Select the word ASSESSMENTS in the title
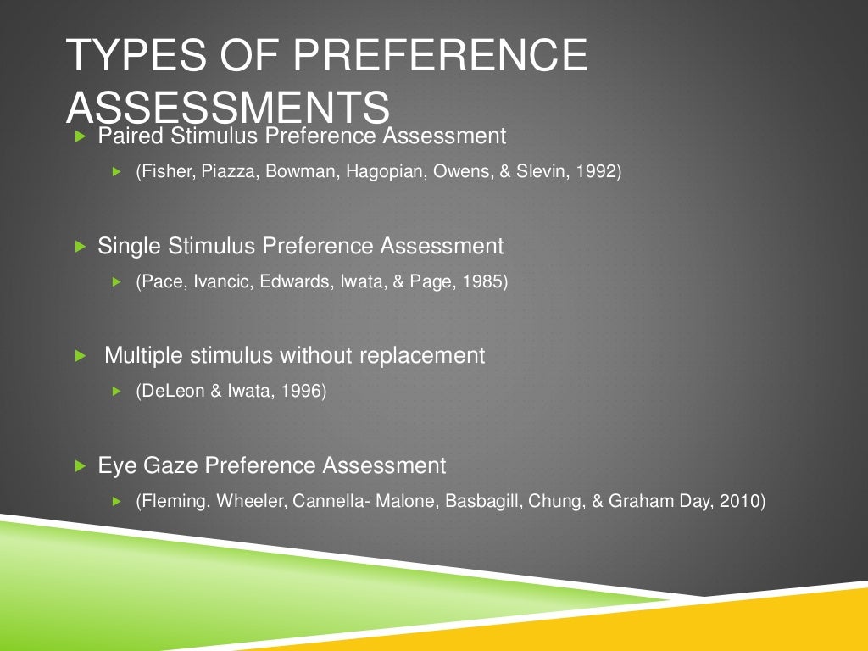coord(227,108)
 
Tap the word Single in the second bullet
coord(129,246)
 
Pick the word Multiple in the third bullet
coord(142,355)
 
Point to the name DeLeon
coord(170,392)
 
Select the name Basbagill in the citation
coord(480,502)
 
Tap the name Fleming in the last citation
coord(174,502)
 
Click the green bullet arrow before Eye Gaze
coord(81,465)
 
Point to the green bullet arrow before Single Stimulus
coord(81,247)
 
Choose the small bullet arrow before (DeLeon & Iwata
coord(118,392)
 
